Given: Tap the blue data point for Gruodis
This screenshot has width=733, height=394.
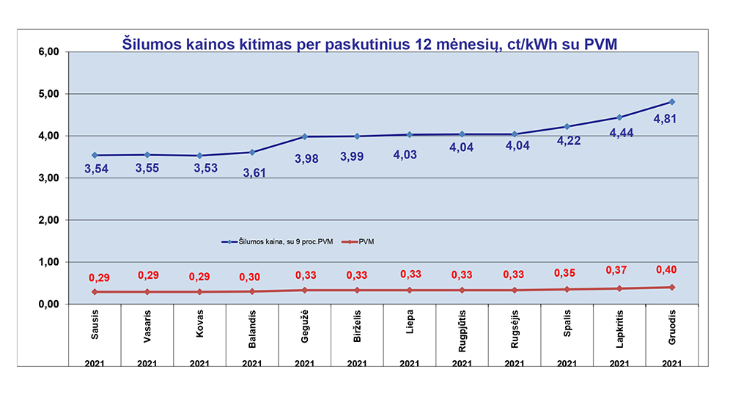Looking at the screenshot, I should pyautogui.click(x=672, y=101).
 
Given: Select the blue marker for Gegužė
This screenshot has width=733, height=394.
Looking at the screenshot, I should pyautogui.click(x=304, y=136).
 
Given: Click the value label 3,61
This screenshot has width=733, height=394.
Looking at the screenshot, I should pyautogui.click(x=251, y=172).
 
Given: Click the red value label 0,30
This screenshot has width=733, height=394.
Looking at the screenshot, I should pyautogui.click(x=251, y=277).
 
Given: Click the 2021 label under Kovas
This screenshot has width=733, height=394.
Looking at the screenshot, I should pyautogui.click(x=199, y=364).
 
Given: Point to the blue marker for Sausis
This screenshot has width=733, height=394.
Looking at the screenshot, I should pyautogui.click(x=95, y=156).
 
